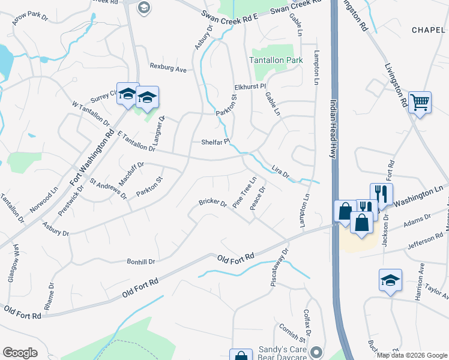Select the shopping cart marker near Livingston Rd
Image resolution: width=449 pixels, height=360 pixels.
tap(420, 102)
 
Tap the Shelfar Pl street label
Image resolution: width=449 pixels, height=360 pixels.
tap(215, 142)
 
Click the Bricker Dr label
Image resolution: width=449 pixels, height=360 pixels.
tap(212, 203)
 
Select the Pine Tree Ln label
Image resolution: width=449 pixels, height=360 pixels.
tap(245, 191)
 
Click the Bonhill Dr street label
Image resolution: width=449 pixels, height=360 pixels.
tap(140, 261)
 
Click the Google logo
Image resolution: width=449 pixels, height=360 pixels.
tap(20, 352)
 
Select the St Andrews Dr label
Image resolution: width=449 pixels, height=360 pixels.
tap(108, 188)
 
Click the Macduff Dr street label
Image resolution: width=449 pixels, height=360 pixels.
tap(131, 173)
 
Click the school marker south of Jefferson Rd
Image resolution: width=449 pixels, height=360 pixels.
tap(391, 280)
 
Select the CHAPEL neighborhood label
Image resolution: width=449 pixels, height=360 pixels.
tap(429, 29)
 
